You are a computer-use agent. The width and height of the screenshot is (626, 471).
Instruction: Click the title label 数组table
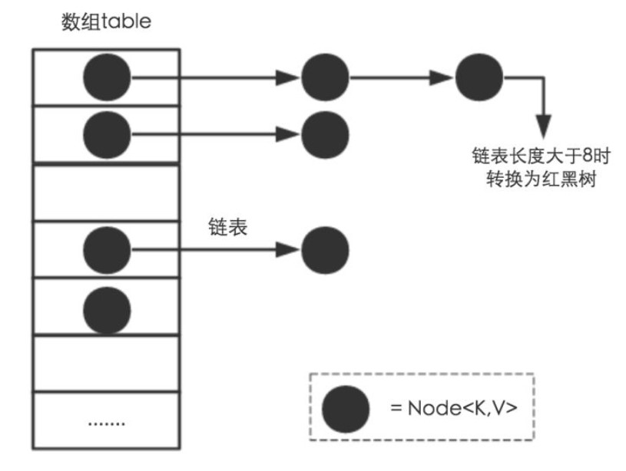(x=106, y=21)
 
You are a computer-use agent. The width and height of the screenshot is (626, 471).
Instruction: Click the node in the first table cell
(x=107, y=77)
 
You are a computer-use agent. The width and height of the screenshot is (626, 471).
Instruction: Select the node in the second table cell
(x=107, y=135)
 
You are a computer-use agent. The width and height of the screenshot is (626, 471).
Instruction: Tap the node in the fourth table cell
(x=107, y=250)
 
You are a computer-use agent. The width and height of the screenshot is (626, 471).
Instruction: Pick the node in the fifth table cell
(x=107, y=310)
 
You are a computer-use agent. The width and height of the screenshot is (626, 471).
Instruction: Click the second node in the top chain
(x=325, y=77)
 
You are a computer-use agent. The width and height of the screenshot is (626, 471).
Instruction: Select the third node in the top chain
(x=479, y=77)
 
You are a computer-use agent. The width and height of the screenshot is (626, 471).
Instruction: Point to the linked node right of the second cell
(x=325, y=135)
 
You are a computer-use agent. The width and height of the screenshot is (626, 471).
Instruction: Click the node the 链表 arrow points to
(x=325, y=250)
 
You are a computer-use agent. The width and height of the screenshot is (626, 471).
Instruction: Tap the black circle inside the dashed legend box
(x=346, y=409)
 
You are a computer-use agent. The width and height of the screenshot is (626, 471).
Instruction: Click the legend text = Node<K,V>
(x=453, y=408)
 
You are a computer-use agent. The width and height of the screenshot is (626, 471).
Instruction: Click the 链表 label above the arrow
(x=228, y=227)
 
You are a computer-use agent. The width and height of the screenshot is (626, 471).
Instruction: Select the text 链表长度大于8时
(x=542, y=156)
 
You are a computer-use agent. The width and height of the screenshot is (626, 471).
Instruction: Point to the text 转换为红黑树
(x=542, y=179)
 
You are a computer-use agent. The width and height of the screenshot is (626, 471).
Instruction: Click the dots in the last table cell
(x=106, y=423)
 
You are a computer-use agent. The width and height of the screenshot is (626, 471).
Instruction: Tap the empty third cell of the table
(x=106, y=193)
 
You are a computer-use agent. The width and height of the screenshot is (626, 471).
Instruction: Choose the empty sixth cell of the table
(x=106, y=364)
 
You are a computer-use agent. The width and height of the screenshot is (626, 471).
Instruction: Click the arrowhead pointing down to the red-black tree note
(x=543, y=127)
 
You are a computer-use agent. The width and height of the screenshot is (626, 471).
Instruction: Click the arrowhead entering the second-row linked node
(x=288, y=135)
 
